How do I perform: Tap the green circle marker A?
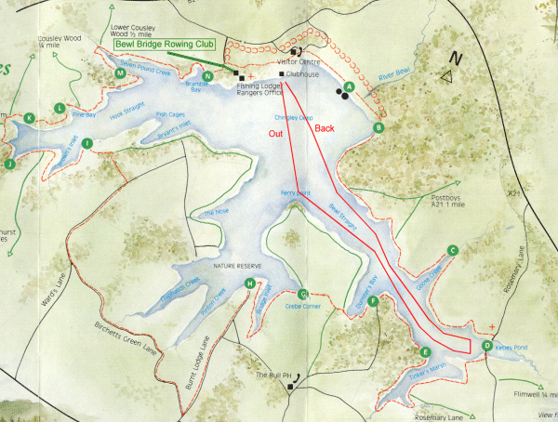pos(350,87)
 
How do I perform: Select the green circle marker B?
pos(379,127)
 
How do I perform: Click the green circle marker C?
pos(452,250)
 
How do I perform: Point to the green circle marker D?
pos(486,347)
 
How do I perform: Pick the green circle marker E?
pos(425,352)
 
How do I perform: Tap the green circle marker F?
pos(373,301)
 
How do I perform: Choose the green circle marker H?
pos(248,284)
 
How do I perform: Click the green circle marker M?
pos(120,73)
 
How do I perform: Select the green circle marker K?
pos(30,118)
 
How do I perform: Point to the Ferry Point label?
pos(294,192)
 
